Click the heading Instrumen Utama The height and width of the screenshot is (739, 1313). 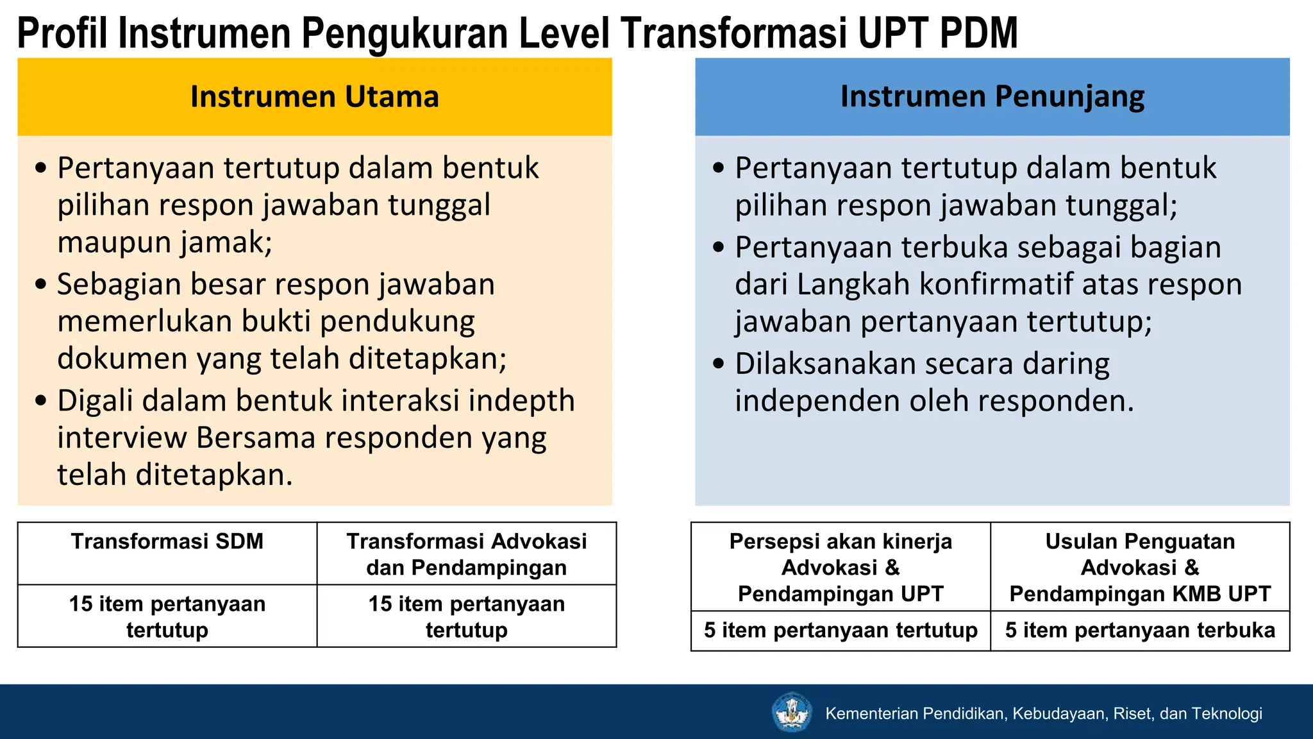pyautogui.click(x=314, y=97)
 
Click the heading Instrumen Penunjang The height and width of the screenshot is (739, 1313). pyautogui.click(x=992, y=97)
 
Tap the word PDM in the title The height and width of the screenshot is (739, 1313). pyautogui.click(x=979, y=33)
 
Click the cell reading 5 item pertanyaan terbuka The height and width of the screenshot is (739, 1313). pyautogui.click(x=1140, y=631)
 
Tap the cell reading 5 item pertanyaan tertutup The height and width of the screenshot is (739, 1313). pyautogui.click(x=840, y=631)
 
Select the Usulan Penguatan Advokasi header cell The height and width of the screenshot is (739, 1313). pyautogui.click(x=1140, y=567)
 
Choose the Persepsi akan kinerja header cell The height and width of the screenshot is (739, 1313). pyautogui.click(x=840, y=567)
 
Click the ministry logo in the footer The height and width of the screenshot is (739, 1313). pyautogui.click(x=792, y=713)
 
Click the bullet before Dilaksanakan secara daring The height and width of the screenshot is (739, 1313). pyautogui.click(x=718, y=364)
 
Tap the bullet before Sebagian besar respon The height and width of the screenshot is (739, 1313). pyautogui.click(x=41, y=284)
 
